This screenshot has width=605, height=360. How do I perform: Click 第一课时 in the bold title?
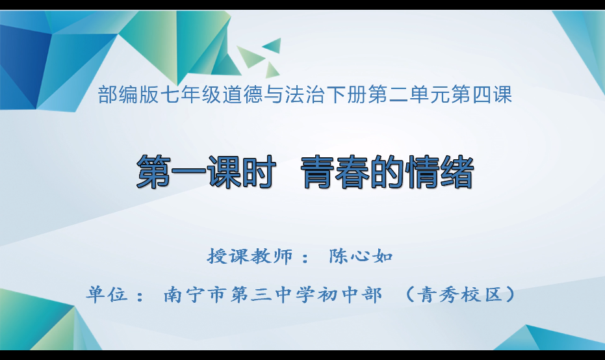202,174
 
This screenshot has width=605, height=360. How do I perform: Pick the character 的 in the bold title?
385,174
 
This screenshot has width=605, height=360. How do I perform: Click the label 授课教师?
250,255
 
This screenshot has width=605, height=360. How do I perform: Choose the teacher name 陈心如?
361,255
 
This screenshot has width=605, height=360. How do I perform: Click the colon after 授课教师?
305,257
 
